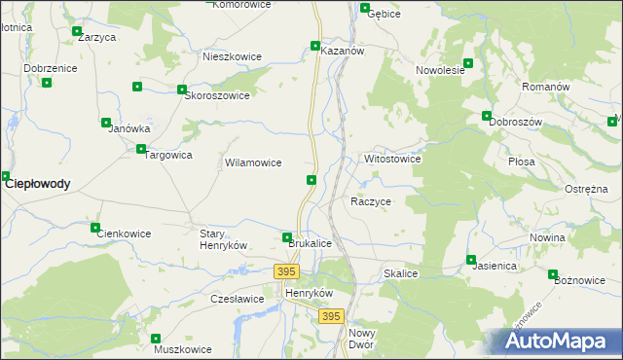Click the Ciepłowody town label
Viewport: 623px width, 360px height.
tap(38, 183)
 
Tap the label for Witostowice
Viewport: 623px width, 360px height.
tap(392, 159)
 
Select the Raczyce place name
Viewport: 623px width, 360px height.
tap(371, 201)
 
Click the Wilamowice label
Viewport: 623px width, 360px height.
tap(253, 163)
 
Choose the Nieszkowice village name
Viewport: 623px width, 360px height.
tap(232, 56)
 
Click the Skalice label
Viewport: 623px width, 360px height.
tap(401, 274)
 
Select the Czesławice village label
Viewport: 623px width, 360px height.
tap(238, 299)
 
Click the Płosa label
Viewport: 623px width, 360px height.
tap(523, 162)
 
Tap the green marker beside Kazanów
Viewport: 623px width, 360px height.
tap(315, 45)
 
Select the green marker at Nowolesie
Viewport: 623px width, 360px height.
tap(468, 63)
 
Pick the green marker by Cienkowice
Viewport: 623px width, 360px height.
tap(95, 228)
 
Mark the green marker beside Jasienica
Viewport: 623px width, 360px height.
tap(471, 260)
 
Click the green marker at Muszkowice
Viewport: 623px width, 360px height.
tap(156, 338)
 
